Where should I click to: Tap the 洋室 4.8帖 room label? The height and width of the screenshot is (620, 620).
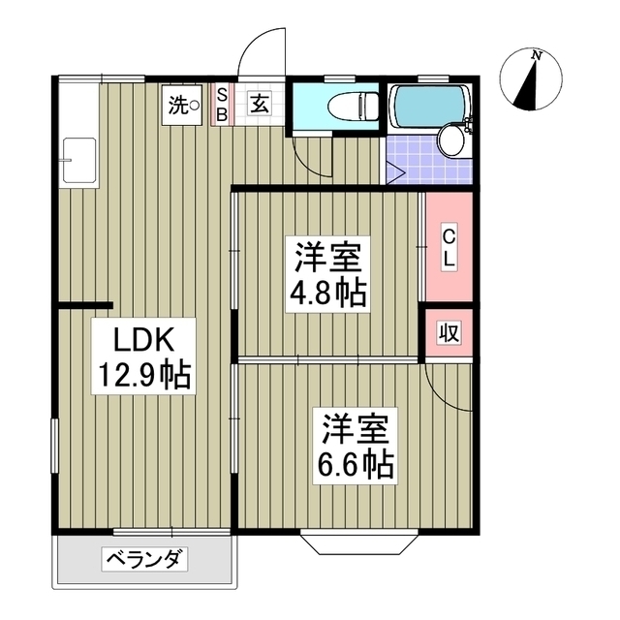[330, 275]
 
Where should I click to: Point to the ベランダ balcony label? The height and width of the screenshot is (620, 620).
[144, 559]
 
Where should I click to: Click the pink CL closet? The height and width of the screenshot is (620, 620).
[449, 248]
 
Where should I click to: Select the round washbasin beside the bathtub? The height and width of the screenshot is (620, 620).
[451, 140]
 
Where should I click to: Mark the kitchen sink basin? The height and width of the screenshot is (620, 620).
[78, 159]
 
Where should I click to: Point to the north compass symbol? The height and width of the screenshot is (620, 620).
[532, 79]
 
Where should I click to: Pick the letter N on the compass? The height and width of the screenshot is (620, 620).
[536, 55]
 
